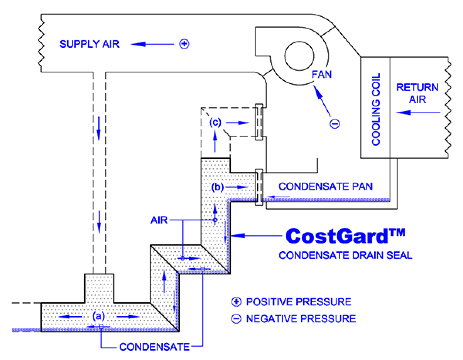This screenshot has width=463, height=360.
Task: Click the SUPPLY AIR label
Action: [x=90, y=44]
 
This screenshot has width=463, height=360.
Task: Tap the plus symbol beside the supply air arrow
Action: [x=184, y=44]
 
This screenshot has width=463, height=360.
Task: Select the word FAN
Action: [x=321, y=74]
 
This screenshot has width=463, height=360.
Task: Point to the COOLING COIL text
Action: [x=376, y=109]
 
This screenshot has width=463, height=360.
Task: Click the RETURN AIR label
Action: [x=417, y=93]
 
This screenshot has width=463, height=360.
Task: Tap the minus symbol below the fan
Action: [x=335, y=124]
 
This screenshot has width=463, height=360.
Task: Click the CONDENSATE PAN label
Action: [x=326, y=187]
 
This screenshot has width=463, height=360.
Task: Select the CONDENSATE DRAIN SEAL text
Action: [x=345, y=255]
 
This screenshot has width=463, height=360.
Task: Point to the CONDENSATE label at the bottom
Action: [x=154, y=347]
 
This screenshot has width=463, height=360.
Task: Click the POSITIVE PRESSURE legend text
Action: [x=298, y=301]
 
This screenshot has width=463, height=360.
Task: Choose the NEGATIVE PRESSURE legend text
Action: [x=301, y=319]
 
